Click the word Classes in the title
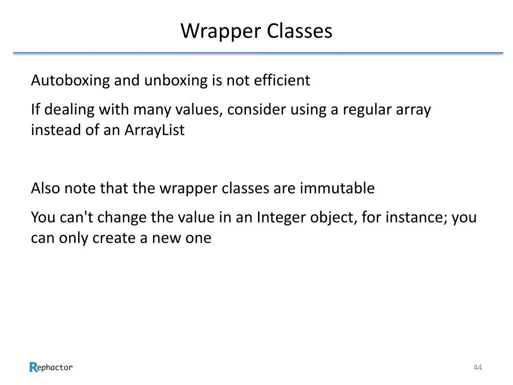(299, 31)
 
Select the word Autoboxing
(70, 80)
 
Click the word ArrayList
(154, 130)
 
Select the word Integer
(281, 218)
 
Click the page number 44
(477, 367)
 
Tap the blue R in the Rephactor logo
(34, 367)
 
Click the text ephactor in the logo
(55, 367)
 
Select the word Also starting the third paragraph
(46, 188)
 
